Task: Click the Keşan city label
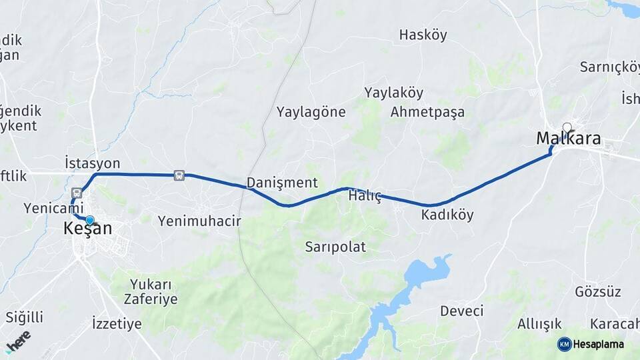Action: tap(87, 229)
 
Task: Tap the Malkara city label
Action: tap(569, 139)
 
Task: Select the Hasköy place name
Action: tap(423, 35)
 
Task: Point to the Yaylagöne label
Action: tap(311, 112)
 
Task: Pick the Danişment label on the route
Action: tap(281, 182)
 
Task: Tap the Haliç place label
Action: tap(365, 196)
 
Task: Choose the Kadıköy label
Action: tap(447, 215)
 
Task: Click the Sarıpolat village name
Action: tap(335, 247)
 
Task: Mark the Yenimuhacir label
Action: tap(199, 221)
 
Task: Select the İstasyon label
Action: tap(92, 163)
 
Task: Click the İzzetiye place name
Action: tap(117, 325)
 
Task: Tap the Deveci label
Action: tap(461, 311)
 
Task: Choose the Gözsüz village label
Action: tap(597, 292)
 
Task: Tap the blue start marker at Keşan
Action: tap(89, 219)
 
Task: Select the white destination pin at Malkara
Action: tap(567, 127)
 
